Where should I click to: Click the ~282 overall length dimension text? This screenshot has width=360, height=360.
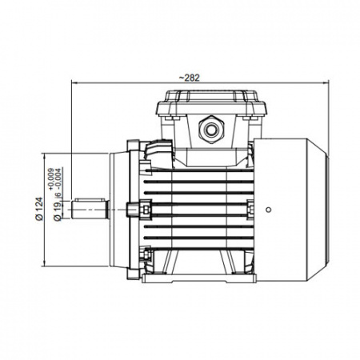click(189, 78)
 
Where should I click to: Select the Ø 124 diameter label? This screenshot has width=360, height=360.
click(39, 209)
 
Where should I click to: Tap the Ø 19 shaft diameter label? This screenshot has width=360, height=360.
click(58, 211)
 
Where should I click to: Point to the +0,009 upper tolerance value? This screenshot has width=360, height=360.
click(50, 179)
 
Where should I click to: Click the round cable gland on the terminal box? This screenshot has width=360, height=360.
click(211, 130)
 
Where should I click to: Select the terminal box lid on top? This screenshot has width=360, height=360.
click(211, 103)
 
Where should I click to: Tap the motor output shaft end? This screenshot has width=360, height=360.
click(90, 210)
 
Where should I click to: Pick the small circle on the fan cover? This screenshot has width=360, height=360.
click(269, 210)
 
